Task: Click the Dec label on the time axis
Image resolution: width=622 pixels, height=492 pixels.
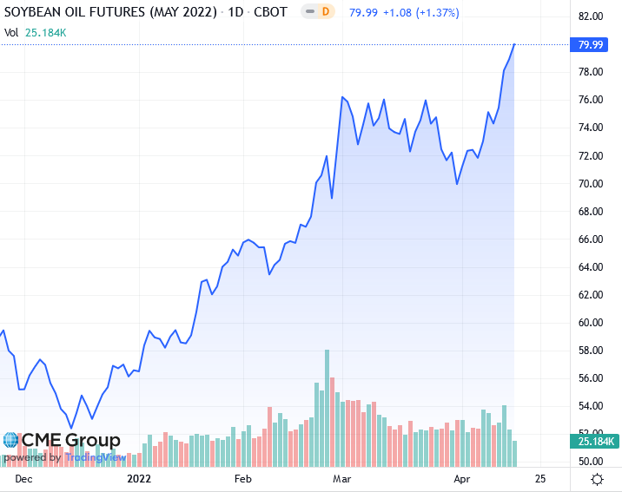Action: coord(23,478)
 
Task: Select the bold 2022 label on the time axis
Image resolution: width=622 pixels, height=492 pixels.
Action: coord(139,478)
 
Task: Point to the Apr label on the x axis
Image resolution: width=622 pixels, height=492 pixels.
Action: coord(460,478)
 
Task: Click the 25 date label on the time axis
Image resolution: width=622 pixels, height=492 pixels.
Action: coord(540,478)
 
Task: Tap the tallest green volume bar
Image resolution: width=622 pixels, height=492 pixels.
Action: coord(328,408)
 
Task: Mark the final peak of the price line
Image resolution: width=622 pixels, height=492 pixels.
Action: coord(515,43)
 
